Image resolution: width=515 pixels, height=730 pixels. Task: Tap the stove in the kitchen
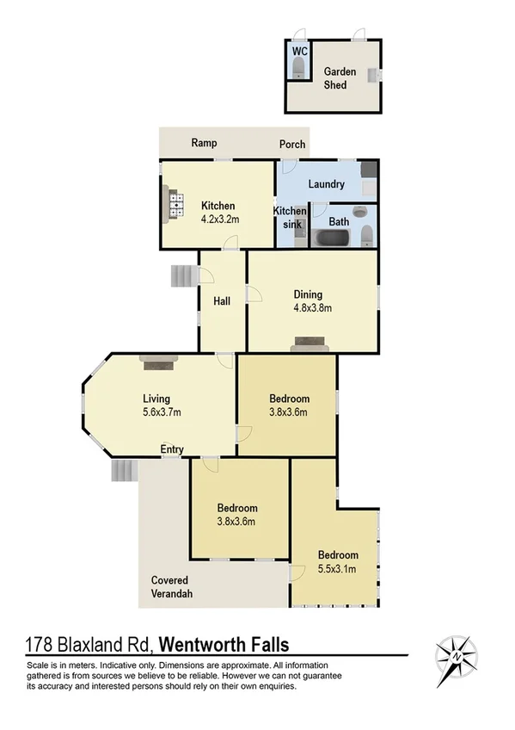click(177, 206)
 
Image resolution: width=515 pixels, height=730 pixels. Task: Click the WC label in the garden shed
click(300, 52)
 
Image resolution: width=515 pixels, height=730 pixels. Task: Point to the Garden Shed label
click(340, 78)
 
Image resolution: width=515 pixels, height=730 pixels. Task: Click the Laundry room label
click(325, 184)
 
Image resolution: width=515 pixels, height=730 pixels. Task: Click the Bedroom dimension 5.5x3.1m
click(338, 568)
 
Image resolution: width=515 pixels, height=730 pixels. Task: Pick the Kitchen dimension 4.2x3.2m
click(218, 219)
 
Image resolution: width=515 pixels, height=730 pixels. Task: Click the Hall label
click(222, 300)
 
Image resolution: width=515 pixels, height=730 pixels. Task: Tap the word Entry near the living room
click(172, 449)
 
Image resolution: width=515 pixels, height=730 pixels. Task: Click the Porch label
click(292, 144)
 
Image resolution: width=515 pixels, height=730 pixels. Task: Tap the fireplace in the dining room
click(309, 344)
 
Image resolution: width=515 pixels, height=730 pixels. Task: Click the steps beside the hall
click(183, 275)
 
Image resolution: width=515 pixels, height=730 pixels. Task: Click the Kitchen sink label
click(290, 217)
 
